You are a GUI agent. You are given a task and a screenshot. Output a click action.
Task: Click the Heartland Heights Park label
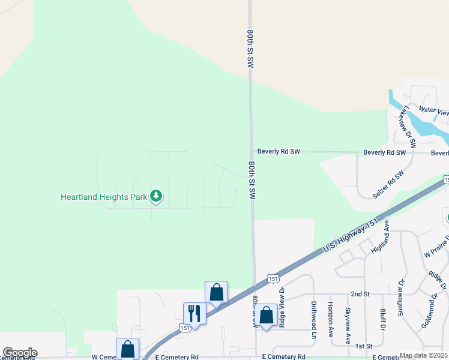click(x=104, y=196)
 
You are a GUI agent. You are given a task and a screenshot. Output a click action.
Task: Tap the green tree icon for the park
click(x=156, y=196)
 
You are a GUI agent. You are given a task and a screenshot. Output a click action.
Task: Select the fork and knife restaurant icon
click(x=194, y=313)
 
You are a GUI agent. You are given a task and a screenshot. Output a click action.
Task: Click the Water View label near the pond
click(x=433, y=110)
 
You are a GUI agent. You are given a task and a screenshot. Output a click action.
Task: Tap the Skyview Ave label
click(x=347, y=326)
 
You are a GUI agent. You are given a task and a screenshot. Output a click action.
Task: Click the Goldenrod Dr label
click(x=431, y=314)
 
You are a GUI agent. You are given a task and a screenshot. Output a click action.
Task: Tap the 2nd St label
click(x=360, y=294)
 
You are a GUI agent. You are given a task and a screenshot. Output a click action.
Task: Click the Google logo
click(x=20, y=353)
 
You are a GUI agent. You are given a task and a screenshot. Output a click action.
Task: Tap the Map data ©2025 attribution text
click(x=423, y=355)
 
